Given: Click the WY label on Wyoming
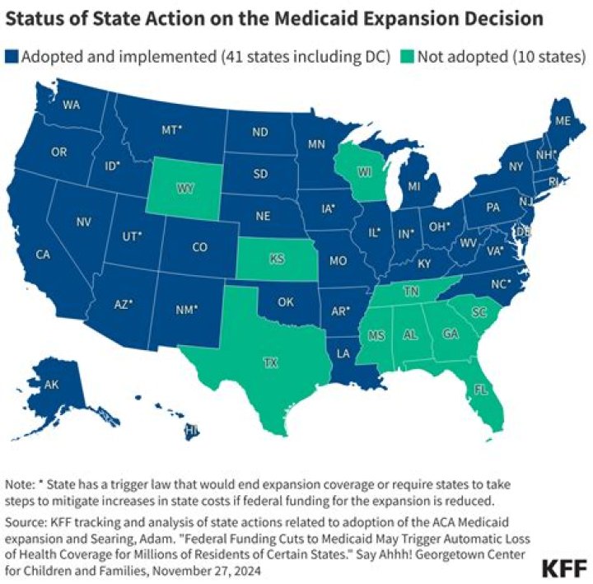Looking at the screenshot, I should pyautogui.click(x=184, y=189).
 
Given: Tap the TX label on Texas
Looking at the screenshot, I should pyautogui.click(x=270, y=362).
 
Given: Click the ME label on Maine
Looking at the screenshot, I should pyautogui.click(x=563, y=120).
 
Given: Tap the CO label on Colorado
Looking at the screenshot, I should pyautogui.click(x=200, y=246).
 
